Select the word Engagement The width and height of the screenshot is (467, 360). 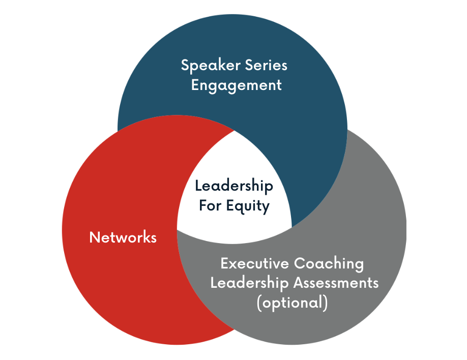pyautogui.click(x=236, y=84)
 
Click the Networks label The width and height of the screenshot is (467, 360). pyautogui.click(x=123, y=237)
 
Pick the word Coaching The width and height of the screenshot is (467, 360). pyautogui.click(x=329, y=264)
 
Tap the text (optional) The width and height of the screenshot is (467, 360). pyautogui.click(x=292, y=302)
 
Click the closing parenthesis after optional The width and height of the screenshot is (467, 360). pyautogui.click(x=325, y=302)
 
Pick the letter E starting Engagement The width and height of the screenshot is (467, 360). pyautogui.click(x=195, y=84)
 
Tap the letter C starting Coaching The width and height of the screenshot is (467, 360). pyautogui.click(x=299, y=264)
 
